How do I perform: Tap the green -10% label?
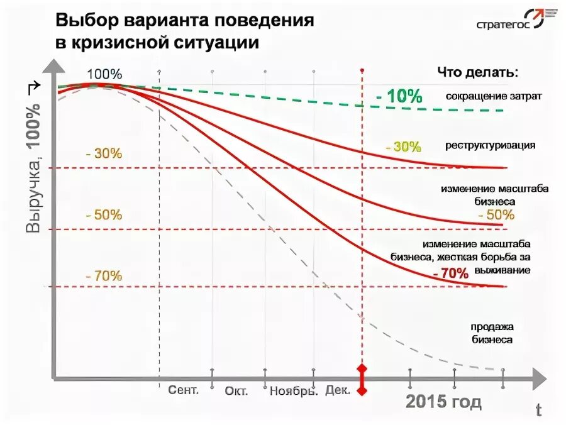point(399,97)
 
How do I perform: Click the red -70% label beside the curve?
point(450,273)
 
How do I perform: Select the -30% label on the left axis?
point(104,154)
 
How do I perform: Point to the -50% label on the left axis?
point(104,214)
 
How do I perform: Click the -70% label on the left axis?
point(104,275)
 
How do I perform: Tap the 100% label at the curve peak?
point(104,74)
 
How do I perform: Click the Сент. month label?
point(184,390)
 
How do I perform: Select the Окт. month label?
point(236,391)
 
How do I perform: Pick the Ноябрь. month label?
point(294,391)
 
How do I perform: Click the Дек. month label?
point(338,390)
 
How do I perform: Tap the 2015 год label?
point(443,402)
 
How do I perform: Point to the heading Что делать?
point(478,72)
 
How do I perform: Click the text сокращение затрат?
point(494,96)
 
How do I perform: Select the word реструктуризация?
point(491,146)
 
